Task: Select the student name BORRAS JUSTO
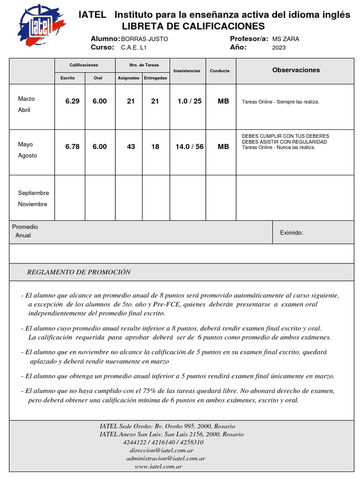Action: coord(144,39)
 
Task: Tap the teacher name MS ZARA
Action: coord(285,39)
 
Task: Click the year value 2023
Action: coord(279,47)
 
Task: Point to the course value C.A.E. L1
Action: coord(134,47)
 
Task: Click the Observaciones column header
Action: coord(296,70)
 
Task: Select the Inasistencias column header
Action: coord(187,71)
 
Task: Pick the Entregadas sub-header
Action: coord(155,78)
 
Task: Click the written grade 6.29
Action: coord(72,101)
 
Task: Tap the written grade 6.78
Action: coord(72,147)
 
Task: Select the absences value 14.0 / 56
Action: coord(189,147)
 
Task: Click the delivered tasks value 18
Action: coord(155,147)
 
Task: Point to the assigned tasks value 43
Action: coord(131,147)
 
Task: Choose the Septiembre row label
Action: coord(33,193)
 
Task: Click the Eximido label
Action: coord(292,232)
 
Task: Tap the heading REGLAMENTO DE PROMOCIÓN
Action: coord(79,272)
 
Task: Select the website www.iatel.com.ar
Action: coord(158,466)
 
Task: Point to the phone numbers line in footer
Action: coord(163,442)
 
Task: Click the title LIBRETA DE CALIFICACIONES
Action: coord(193,26)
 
